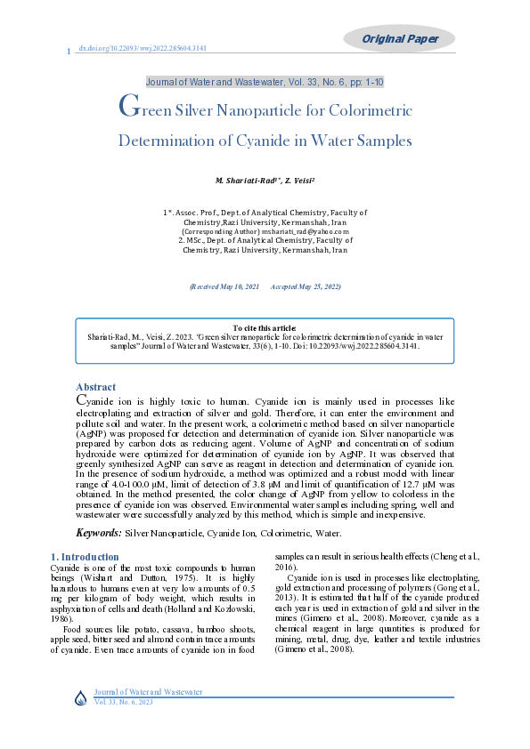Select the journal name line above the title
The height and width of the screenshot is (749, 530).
265,83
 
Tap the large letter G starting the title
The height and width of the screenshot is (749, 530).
127,109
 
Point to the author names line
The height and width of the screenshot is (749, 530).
265,181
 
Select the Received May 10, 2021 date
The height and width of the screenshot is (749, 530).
225,287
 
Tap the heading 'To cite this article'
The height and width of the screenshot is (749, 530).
265,328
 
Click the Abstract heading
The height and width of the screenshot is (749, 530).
96,387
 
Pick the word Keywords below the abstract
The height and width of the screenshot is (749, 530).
98,533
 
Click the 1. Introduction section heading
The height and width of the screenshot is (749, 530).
85,557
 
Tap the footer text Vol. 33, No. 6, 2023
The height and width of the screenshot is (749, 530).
124,703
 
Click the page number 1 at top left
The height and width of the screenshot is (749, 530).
69,51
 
